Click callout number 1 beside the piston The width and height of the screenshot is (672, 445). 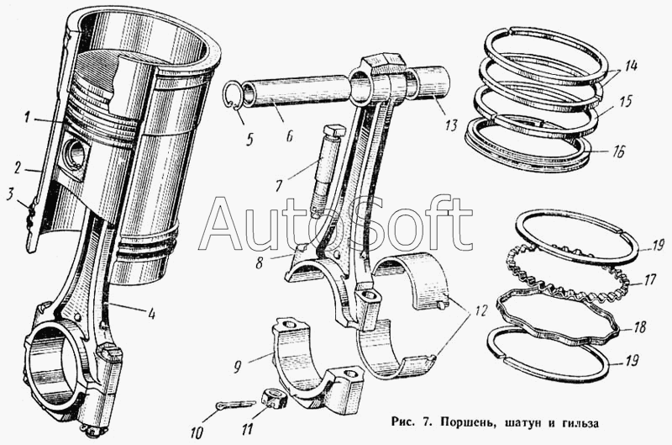(28, 118)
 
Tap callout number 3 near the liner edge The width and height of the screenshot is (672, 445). (10, 196)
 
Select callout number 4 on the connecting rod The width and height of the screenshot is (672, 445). (150, 316)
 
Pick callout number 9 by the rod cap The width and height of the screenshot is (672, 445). (237, 367)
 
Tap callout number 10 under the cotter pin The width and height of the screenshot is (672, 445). (196, 433)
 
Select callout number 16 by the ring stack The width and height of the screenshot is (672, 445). (618, 153)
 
